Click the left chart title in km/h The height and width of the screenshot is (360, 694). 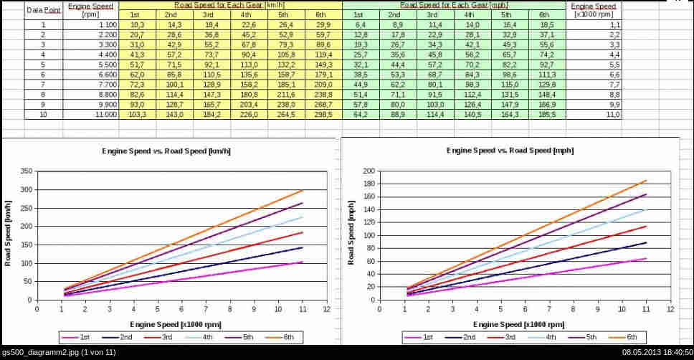coord(167,151)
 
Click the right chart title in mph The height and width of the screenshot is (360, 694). coord(505,151)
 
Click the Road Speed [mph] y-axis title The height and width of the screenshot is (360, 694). coord(351,235)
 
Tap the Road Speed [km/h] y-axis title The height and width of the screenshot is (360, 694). coord(8,235)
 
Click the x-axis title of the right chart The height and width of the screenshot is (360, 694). coord(505,324)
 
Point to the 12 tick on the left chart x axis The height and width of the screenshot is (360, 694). coord(326,310)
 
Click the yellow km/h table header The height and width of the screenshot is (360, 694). coord(230,5)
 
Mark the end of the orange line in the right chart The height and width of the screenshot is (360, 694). coord(646,181)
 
